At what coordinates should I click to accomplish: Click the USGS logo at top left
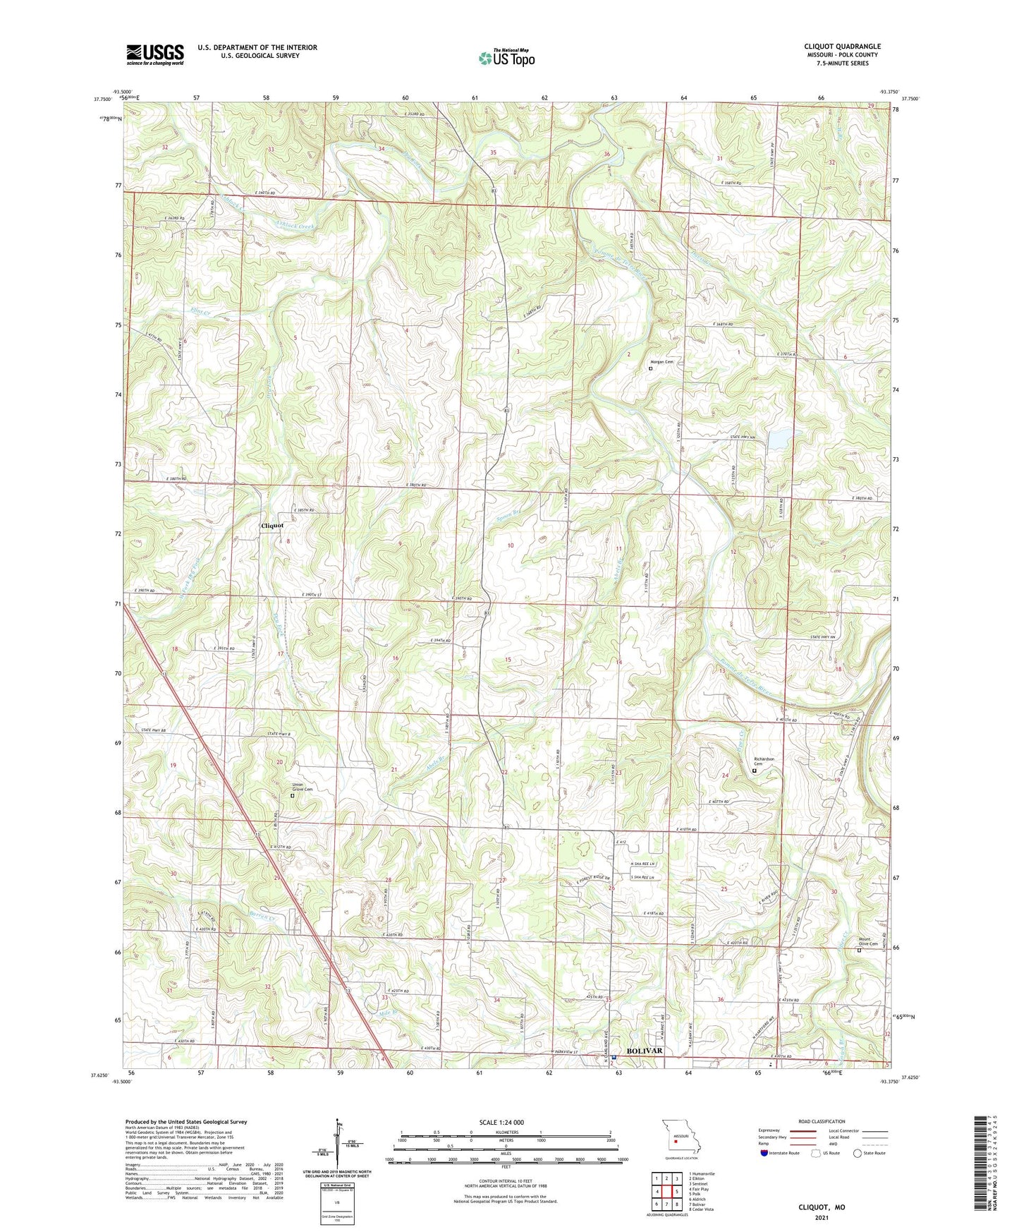click(154, 54)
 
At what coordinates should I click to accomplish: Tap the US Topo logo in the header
click(506, 58)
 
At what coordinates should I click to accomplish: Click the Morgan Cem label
click(663, 362)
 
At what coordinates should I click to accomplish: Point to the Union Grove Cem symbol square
click(293, 796)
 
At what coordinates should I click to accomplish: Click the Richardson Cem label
click(764, 761)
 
